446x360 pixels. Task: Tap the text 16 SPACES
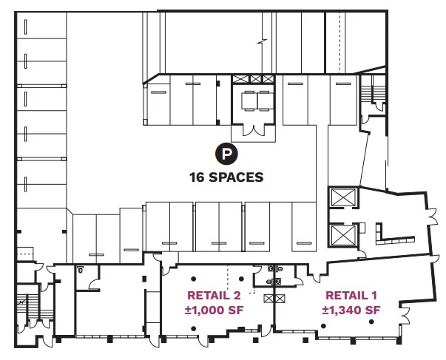coord(226,177)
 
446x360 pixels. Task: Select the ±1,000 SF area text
coord(214,310)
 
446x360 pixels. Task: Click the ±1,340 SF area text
coord(351,310)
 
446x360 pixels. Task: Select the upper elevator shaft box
coord(342,199)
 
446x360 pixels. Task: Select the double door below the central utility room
coord(255,131)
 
